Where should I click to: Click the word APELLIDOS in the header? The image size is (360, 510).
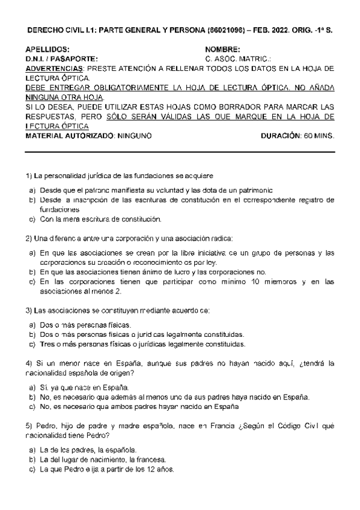pos(47,49)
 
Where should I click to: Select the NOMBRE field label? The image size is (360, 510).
pos(222,49)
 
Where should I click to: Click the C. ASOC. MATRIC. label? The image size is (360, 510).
pos(238,59)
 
